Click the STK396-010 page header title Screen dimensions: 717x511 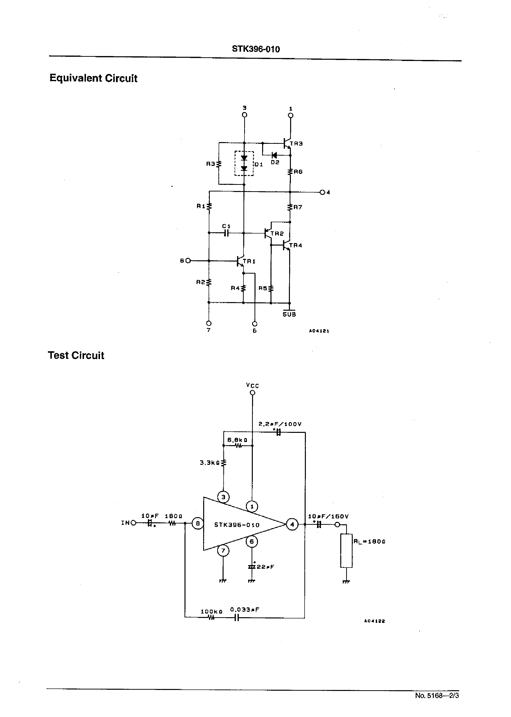255,49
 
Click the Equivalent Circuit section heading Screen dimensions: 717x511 93,78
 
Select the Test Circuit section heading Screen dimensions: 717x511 76,355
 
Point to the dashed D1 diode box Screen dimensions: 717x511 244,163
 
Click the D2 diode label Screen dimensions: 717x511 275,162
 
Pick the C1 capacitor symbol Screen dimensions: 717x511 226,233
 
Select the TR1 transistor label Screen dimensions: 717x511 249,261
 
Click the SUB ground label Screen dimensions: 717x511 289,314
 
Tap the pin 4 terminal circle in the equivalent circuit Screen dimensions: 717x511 322,192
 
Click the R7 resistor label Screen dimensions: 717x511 298,207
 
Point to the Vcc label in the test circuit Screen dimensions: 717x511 252,385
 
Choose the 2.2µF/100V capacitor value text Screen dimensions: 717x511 280,424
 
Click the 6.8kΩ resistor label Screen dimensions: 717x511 237,440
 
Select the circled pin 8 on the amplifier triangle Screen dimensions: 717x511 198,524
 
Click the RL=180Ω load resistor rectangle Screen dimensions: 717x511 346,551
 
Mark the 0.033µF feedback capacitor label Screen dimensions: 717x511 244,610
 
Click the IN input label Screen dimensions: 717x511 126,523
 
